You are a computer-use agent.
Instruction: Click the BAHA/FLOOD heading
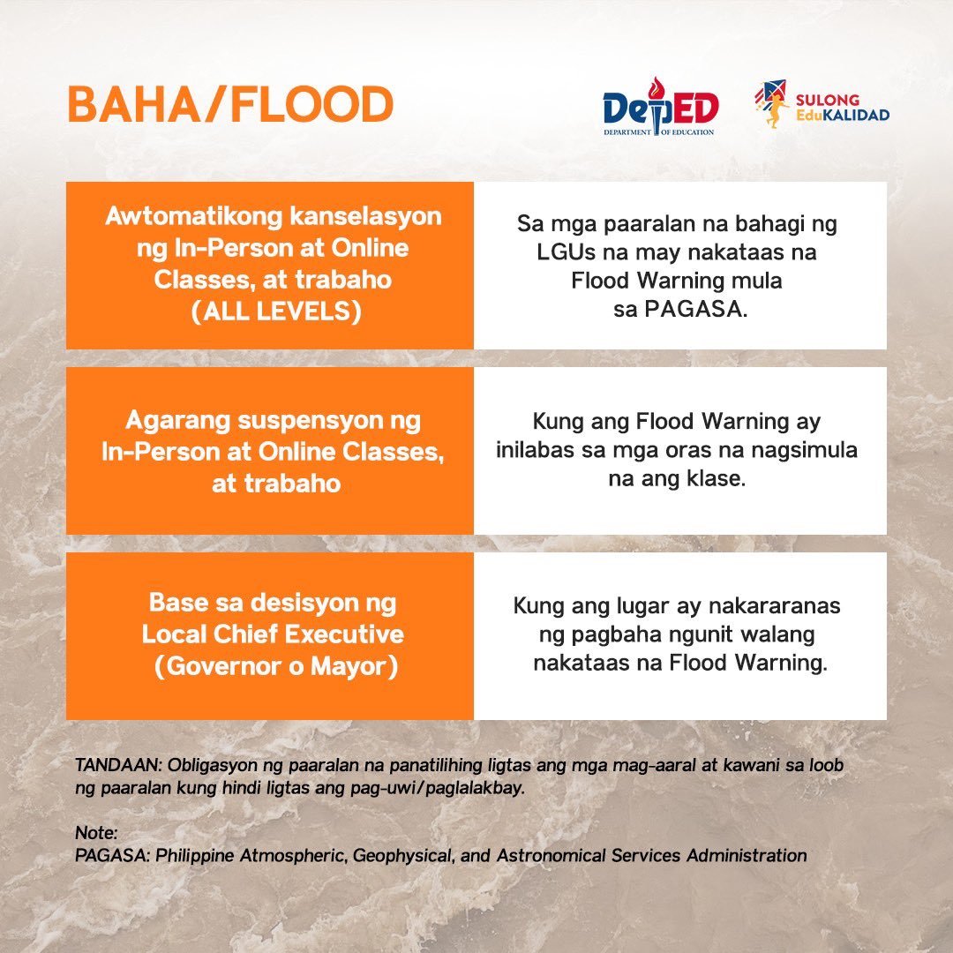click(x=230, y=106)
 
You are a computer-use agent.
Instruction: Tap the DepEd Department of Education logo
click(x=660, y=109)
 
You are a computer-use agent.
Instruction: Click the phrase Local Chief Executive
click(x=273, y=634)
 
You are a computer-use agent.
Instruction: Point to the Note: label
click(x=96, y=833)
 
